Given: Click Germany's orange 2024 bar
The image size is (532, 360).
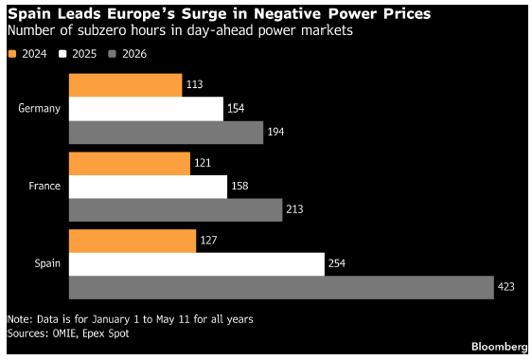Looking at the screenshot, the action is (126, 85).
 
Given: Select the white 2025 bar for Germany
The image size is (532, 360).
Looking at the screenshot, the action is (146, 109).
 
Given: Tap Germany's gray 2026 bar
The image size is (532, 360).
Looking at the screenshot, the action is (167, 133).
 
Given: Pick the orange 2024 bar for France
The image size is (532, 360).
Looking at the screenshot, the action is (130, 164).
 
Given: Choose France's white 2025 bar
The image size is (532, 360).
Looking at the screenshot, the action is (149, 187).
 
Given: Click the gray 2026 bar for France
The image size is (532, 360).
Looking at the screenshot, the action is (176, 210).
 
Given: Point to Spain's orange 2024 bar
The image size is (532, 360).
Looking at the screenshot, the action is (133, 242).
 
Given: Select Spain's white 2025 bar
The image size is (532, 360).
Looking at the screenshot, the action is (197, 264).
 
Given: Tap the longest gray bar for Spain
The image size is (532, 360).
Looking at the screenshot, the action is (281, 288).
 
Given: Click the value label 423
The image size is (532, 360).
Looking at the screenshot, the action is (506, 287).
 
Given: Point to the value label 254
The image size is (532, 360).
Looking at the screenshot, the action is (337, 263).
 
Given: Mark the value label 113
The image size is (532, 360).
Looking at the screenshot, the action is (195, 84).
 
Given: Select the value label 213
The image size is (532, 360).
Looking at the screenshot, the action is (294, 209).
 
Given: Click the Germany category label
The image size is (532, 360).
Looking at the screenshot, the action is (40, 109).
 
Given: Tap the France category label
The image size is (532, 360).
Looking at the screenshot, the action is (44, 186).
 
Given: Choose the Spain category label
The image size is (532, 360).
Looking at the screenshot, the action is (47, 264).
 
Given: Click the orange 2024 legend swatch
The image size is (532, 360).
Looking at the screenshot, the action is (12, 54).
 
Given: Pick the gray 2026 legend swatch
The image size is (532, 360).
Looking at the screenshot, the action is (112, 54).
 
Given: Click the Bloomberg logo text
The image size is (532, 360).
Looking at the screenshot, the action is (500, 347).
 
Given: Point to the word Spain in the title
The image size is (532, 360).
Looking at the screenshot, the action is (29, 14).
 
